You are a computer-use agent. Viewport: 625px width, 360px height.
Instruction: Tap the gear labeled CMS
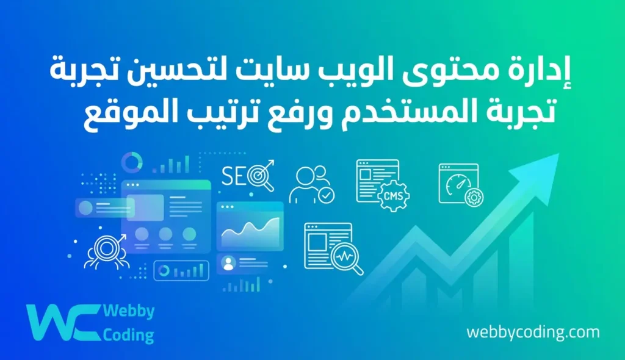pos(393,196)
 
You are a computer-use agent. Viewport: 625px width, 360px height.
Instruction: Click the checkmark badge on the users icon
pos(327,195)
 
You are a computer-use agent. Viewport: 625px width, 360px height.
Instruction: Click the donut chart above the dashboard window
pos(131,162)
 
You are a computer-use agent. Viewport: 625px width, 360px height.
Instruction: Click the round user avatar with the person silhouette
pos(229,263)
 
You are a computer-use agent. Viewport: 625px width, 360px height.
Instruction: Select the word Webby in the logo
pos(129,312)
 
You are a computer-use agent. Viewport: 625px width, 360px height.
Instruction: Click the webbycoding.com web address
pos(533,333)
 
